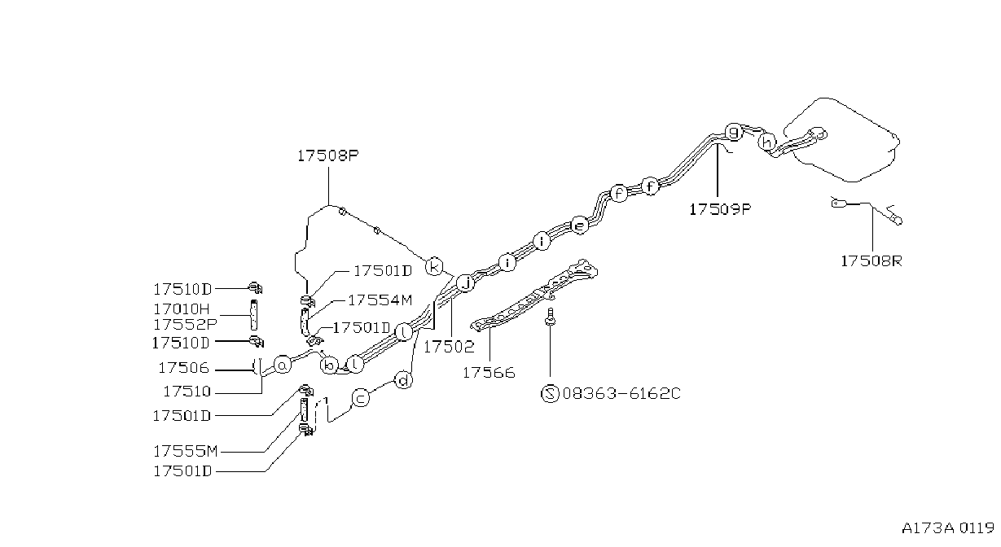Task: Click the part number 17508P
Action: click(328, 155)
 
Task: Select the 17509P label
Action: click(720, 209)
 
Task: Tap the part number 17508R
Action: click(871, 260)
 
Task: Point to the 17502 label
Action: click(449, 347)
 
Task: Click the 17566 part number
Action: click(489, 373)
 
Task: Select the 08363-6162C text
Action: click(621, 393)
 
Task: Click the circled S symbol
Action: click(550, 393)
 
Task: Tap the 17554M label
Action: click(380, 300)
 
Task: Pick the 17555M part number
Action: click(185, 452)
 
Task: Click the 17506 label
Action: click(183, 368)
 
